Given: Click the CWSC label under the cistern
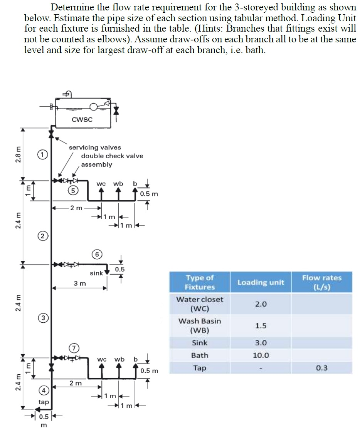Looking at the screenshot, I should pos(82,120).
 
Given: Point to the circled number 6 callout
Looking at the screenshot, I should pos(98,254).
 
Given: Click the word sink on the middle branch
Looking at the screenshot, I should pos(96,273).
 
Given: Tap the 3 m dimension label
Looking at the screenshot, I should pos(80,283).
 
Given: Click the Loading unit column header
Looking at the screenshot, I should pos(261,282).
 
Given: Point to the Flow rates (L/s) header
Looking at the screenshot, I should pos(321,282).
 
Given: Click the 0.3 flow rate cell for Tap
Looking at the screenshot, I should pos(321,368).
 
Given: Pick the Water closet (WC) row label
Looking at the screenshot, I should pos(200,304).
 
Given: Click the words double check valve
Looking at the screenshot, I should pos(112,156).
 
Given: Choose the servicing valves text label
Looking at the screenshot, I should pos(95,147).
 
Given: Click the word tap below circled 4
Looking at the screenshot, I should pos(44,402).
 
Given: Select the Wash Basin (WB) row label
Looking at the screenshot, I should pos(200,325).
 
